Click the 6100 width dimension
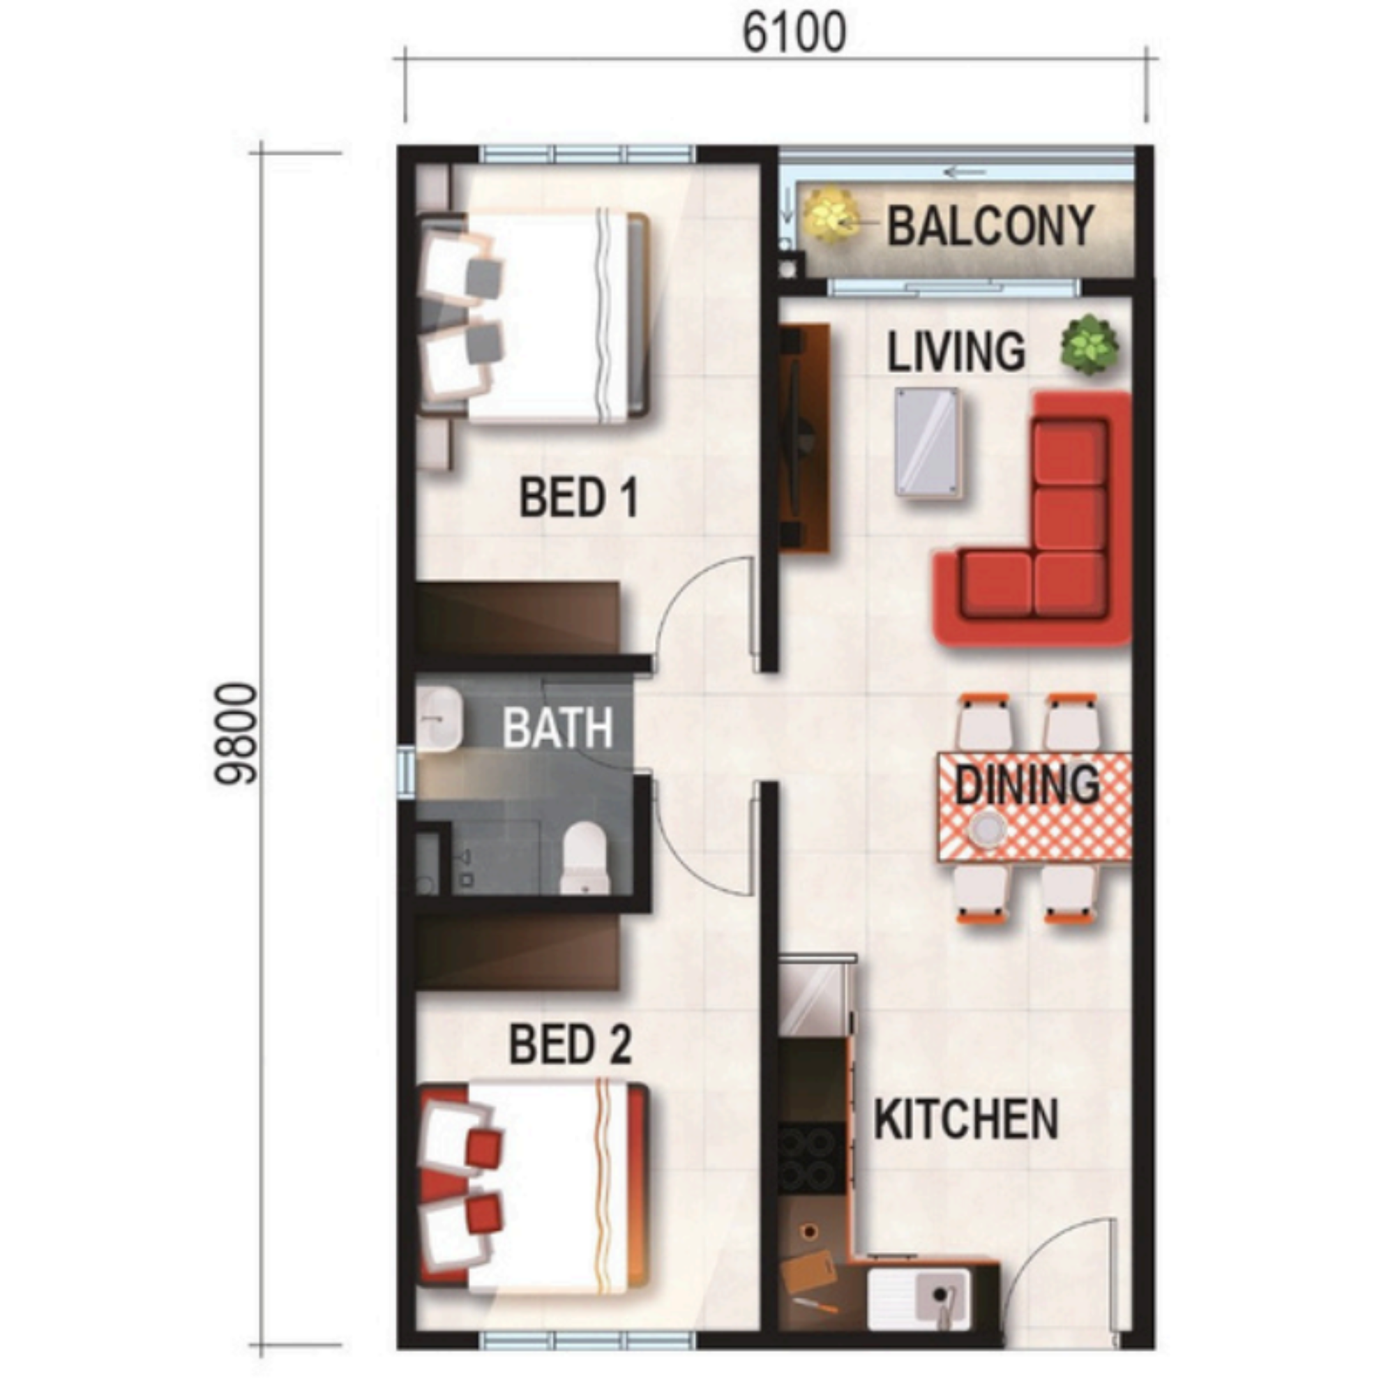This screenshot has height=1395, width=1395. (794, 33)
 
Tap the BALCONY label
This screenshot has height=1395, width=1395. (990, 226)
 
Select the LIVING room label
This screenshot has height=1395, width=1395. (956, 352)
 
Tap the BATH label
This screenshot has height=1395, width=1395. (557, 727)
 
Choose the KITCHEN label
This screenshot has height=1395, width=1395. (966, 1119)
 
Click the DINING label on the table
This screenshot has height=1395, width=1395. (1027, 784)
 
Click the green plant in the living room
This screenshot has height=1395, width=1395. (1089, 346)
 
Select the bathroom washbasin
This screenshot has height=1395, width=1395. (438, 720)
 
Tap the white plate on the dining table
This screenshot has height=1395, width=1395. (987, 827)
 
